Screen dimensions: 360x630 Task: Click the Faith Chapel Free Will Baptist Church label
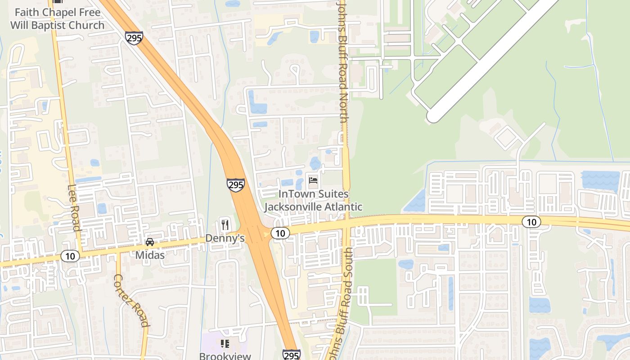57,19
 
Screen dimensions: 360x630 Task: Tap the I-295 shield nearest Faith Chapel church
134,38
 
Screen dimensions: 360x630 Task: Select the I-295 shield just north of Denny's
236,184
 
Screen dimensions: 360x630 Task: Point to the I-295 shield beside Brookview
291,355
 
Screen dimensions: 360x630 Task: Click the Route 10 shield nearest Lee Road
70,256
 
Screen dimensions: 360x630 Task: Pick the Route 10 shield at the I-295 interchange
280,233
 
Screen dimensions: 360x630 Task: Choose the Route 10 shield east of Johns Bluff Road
531,221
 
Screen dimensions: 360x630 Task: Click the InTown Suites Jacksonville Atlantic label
313,201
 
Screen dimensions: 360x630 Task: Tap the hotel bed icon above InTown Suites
313,180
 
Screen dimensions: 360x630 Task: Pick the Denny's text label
225,238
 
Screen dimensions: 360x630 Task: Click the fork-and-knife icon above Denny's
225,224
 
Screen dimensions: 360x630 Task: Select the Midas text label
150,255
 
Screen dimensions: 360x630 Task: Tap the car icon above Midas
150,242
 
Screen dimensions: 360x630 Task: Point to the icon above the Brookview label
225,344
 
